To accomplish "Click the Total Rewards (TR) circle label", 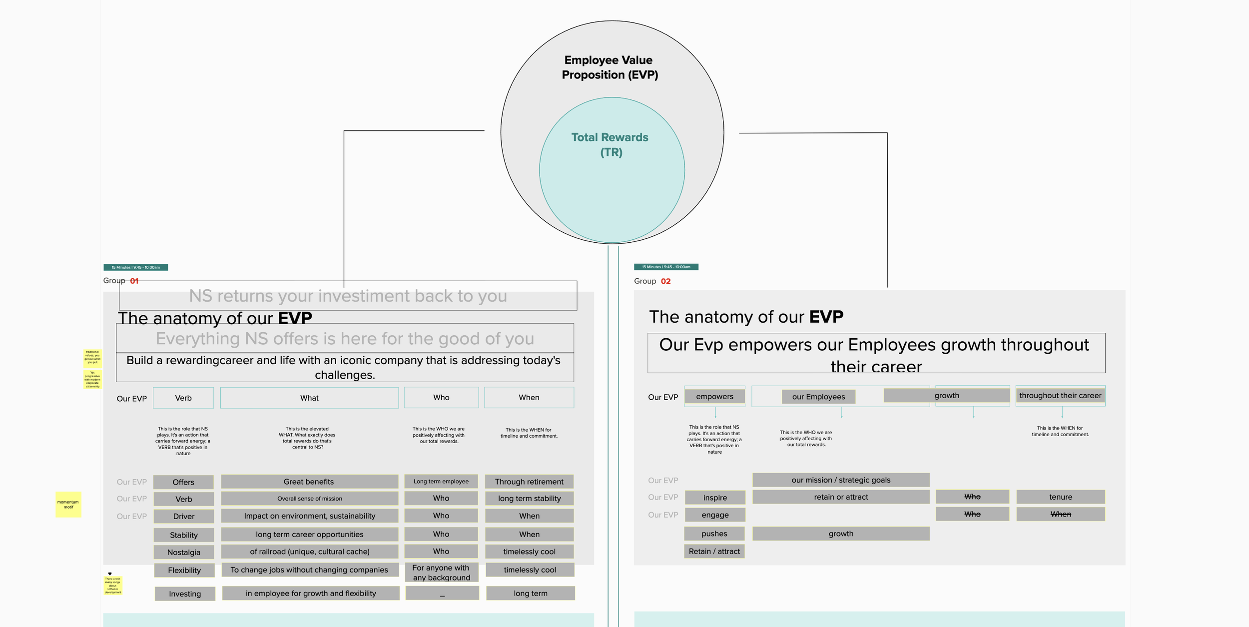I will pos(610,144).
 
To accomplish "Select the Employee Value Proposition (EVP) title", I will pos(609,67).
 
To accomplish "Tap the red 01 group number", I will pos(134,281).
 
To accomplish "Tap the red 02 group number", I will pos(665,281).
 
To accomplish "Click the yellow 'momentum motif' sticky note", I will pos(68,504).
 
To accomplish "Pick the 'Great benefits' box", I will pos(309,482).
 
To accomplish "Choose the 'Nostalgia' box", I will pos(184,552).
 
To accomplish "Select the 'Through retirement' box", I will pos(529,482).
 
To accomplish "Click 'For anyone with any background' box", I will pos(441,573).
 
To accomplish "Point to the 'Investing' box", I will pos(185,594).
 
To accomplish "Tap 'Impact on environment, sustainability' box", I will pos(309,516).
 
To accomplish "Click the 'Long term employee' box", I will pos(441,482).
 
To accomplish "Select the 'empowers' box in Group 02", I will pos(714,396).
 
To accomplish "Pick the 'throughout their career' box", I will pos(1060,396).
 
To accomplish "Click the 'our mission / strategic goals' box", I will pos(841,480).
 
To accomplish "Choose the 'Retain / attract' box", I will pos(714,551).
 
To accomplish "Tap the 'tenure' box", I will pos(1060,497).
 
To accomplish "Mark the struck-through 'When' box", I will pos(1060,514).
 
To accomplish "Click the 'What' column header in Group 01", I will pos(309,398).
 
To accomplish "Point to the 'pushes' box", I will pos(714,534).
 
